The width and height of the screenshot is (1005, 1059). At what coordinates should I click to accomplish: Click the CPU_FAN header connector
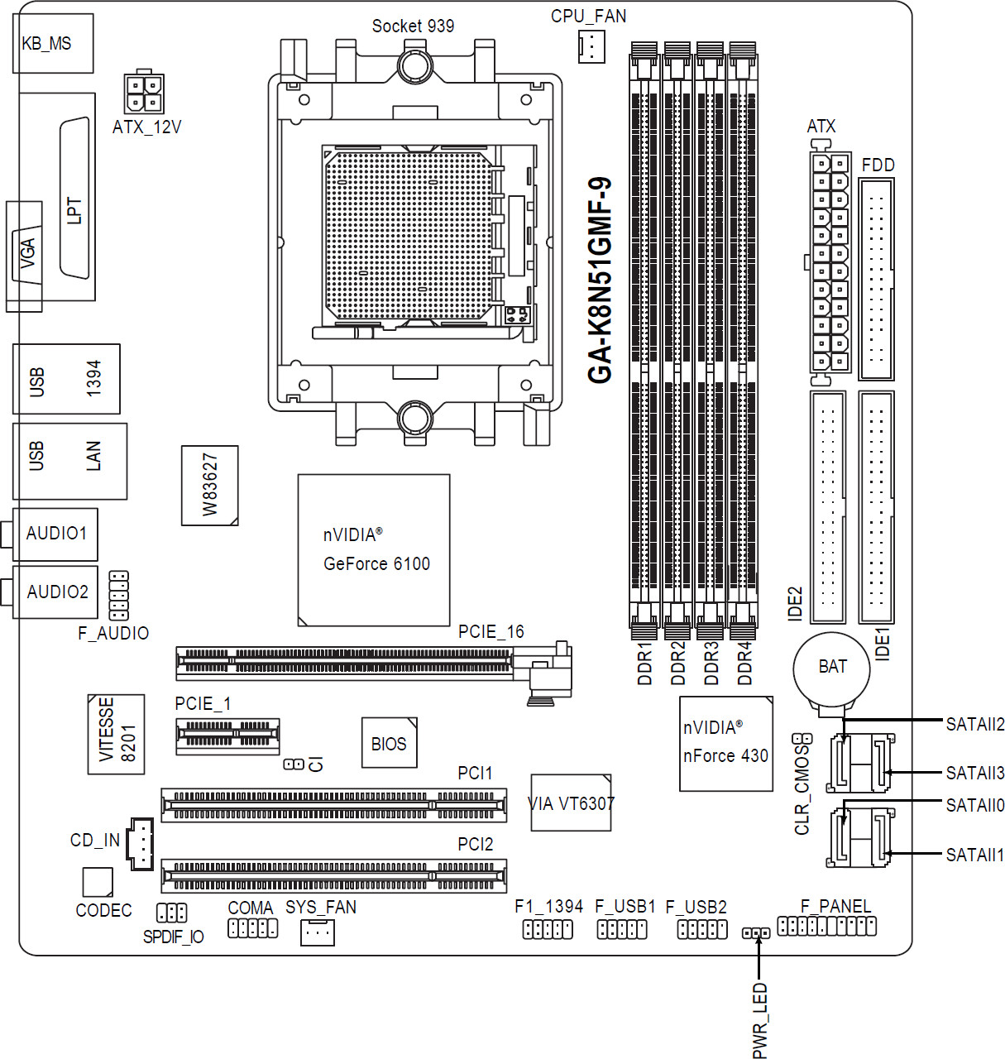pos(591,46)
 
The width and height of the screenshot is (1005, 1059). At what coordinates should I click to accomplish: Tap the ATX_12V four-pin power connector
pos(144,92)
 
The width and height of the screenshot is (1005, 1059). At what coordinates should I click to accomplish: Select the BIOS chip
pos(390,743)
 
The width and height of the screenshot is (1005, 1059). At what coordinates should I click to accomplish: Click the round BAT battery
pos(831,670)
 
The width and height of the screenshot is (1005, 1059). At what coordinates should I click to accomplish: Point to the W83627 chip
pos(209,486)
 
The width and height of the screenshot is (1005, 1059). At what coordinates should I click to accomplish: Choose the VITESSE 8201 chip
pos(117,734)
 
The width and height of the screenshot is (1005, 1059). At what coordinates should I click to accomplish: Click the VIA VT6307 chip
pos(571,803)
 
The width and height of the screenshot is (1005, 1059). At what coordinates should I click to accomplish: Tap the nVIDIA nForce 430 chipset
pos(726,743)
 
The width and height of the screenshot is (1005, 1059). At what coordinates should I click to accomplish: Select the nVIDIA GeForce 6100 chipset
pos(374,550)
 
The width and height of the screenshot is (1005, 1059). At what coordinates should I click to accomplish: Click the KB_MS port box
pos(53,43)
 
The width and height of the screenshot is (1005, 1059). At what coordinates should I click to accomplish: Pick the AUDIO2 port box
pos(55,592)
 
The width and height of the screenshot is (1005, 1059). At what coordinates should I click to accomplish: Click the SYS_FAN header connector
pos(318,932)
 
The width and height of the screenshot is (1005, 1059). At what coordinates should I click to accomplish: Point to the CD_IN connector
pos(140,844)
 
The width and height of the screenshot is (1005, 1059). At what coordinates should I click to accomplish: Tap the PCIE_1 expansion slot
pos(227,736)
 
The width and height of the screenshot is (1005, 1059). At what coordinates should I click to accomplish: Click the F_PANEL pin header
pos(826,926)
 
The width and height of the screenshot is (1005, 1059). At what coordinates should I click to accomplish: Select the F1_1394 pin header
pos(548,929)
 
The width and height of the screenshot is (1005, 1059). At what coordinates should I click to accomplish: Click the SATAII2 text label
pos(975,725)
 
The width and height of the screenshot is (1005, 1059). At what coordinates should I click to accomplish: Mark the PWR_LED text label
pos(759,1020)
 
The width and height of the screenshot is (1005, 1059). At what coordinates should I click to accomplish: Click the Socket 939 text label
pos(413,26)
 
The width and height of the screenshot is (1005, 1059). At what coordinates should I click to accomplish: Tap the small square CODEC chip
pos(98,882)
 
